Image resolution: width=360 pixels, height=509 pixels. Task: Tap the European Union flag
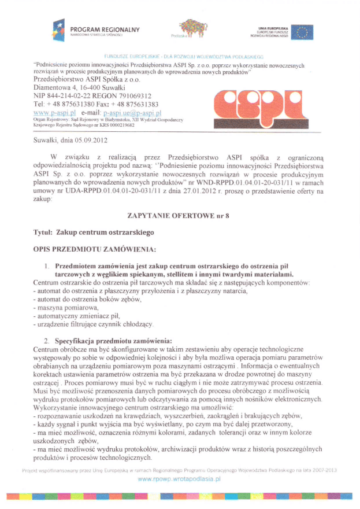point(302,32)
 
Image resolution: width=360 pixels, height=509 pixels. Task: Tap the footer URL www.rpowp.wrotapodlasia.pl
point(180,480)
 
